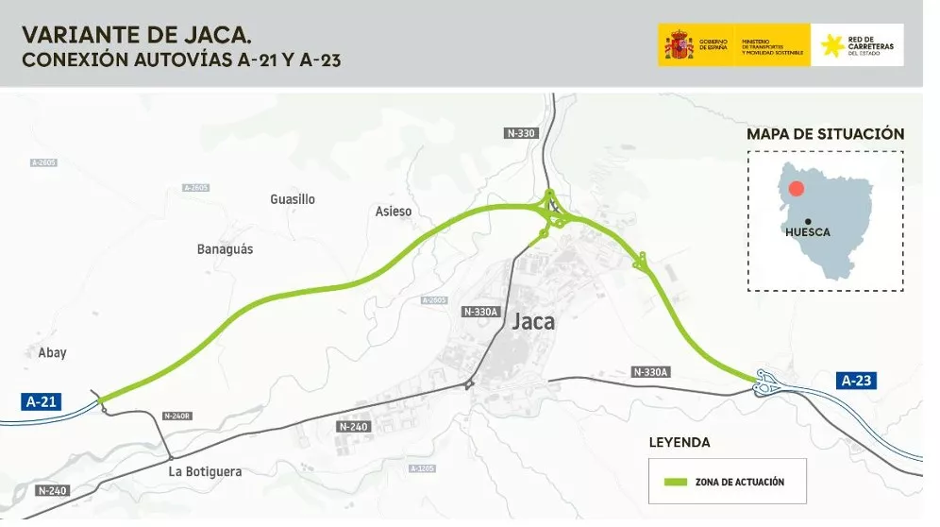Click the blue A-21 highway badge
click(42, 401)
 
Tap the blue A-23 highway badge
click(855, 381)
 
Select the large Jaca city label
click(533, 321)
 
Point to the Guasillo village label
click(293, 199)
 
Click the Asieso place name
click(394, 212)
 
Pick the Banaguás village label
click(225, 249)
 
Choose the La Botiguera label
click(205, 471)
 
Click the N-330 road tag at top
click(522, 133)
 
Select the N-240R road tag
click(177, 416)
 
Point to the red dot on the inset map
click(797, 188)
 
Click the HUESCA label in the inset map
click(808, 232)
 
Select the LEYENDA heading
click(680, 442)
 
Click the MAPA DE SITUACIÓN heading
click(825, 134)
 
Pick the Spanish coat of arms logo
click(679, 45)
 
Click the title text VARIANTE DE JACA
click(136, 36)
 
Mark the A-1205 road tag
click(422, 468)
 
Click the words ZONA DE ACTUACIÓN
click(739, 482)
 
